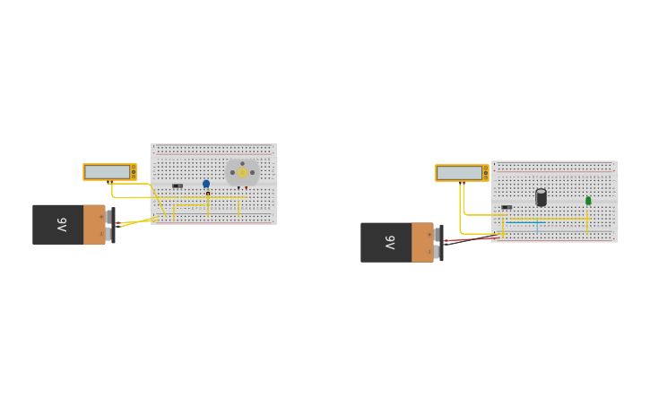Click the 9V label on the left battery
point(62,224)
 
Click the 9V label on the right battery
point(390,242)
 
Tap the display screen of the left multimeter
point(107,171)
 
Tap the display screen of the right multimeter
point(459,173)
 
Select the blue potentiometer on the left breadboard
point(206,184)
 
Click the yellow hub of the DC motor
point(242,172)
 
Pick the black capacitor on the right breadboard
point(541,197)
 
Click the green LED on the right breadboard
point(588,201)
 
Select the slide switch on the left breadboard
point(178,186)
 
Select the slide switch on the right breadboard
point(507,207)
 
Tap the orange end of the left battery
point(94,224)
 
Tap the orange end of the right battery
point(422,242)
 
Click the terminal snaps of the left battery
point(109,225)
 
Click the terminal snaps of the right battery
point(438,243)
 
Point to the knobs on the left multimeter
point(134,171)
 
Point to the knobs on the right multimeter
point(486,173)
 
